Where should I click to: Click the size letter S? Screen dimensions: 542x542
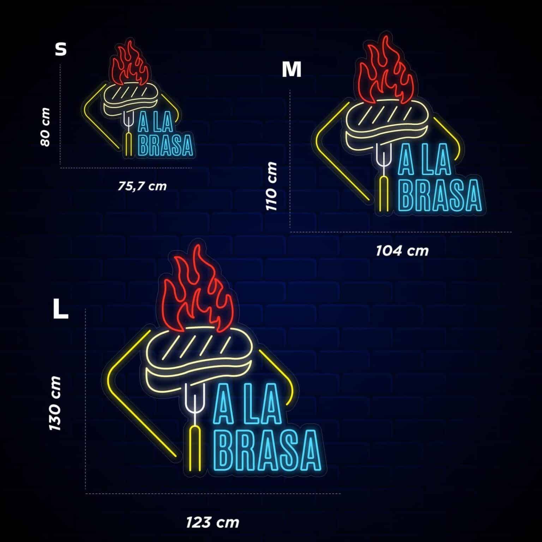pyautogui.click(x=61, y=49)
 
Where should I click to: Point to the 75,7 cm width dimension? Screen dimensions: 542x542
pyautogui.click(x=142, y=186)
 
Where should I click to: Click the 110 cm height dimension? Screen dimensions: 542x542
pyautogui.click(x=272, y=186)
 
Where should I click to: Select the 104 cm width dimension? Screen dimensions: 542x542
pyautogui.click(x=402, y=251)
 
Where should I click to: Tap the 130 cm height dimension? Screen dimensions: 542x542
pyautogui.click(x=55, y=403)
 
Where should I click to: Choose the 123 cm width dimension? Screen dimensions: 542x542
pyautogui.click(x=212, y=522)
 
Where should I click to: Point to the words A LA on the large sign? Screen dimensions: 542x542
pyautogui.click(x=250, y=404)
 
